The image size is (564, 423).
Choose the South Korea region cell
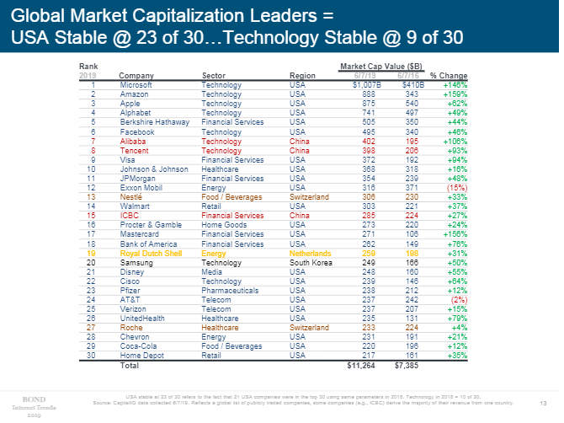pos(310,263)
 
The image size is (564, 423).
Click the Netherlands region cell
pos(309,253)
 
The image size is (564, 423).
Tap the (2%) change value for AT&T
pos(459,300)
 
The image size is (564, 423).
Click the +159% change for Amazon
pos(455,94)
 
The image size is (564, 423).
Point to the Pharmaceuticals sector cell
pos(230,291)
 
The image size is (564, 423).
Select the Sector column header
pos(213,75)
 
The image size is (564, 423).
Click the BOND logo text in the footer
pos(35,396)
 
